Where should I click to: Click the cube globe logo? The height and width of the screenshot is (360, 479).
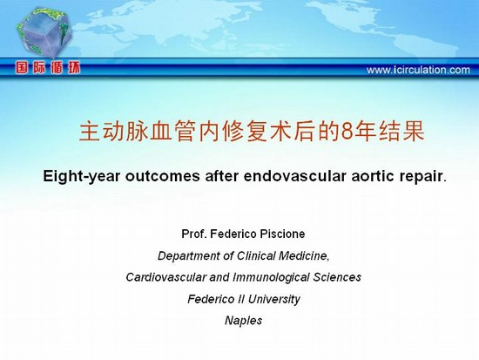44,32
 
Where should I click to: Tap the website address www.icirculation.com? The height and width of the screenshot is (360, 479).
418,70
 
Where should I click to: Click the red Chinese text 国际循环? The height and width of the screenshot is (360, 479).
48,68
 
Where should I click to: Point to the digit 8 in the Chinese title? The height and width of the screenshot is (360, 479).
347,132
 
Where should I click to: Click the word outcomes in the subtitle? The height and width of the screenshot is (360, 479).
163,176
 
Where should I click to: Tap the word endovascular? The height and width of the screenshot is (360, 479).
294,176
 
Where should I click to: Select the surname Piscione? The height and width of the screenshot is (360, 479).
282,234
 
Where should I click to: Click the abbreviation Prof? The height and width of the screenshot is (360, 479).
194,234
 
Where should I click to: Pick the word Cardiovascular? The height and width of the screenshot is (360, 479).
166,277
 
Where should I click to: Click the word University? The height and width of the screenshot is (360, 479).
274,300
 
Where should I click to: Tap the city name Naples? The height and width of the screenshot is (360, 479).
244,321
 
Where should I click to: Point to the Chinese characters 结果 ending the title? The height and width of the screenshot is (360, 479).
401,132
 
